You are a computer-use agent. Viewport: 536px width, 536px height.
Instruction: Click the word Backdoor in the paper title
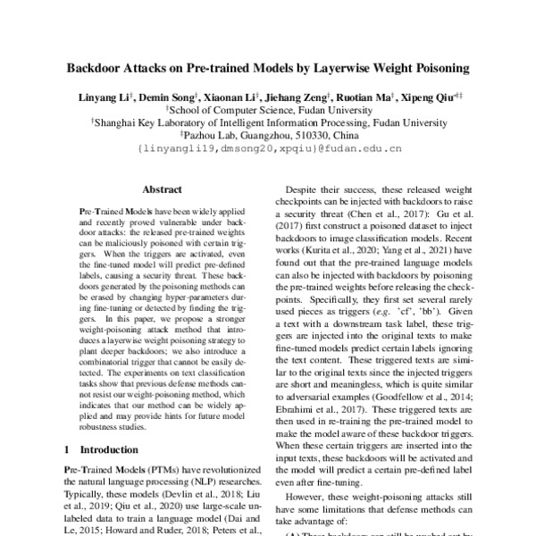click(96, 67)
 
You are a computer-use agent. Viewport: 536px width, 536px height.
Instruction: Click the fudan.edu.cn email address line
click(267, 149)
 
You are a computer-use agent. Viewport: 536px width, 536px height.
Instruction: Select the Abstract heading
click(162, 189)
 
